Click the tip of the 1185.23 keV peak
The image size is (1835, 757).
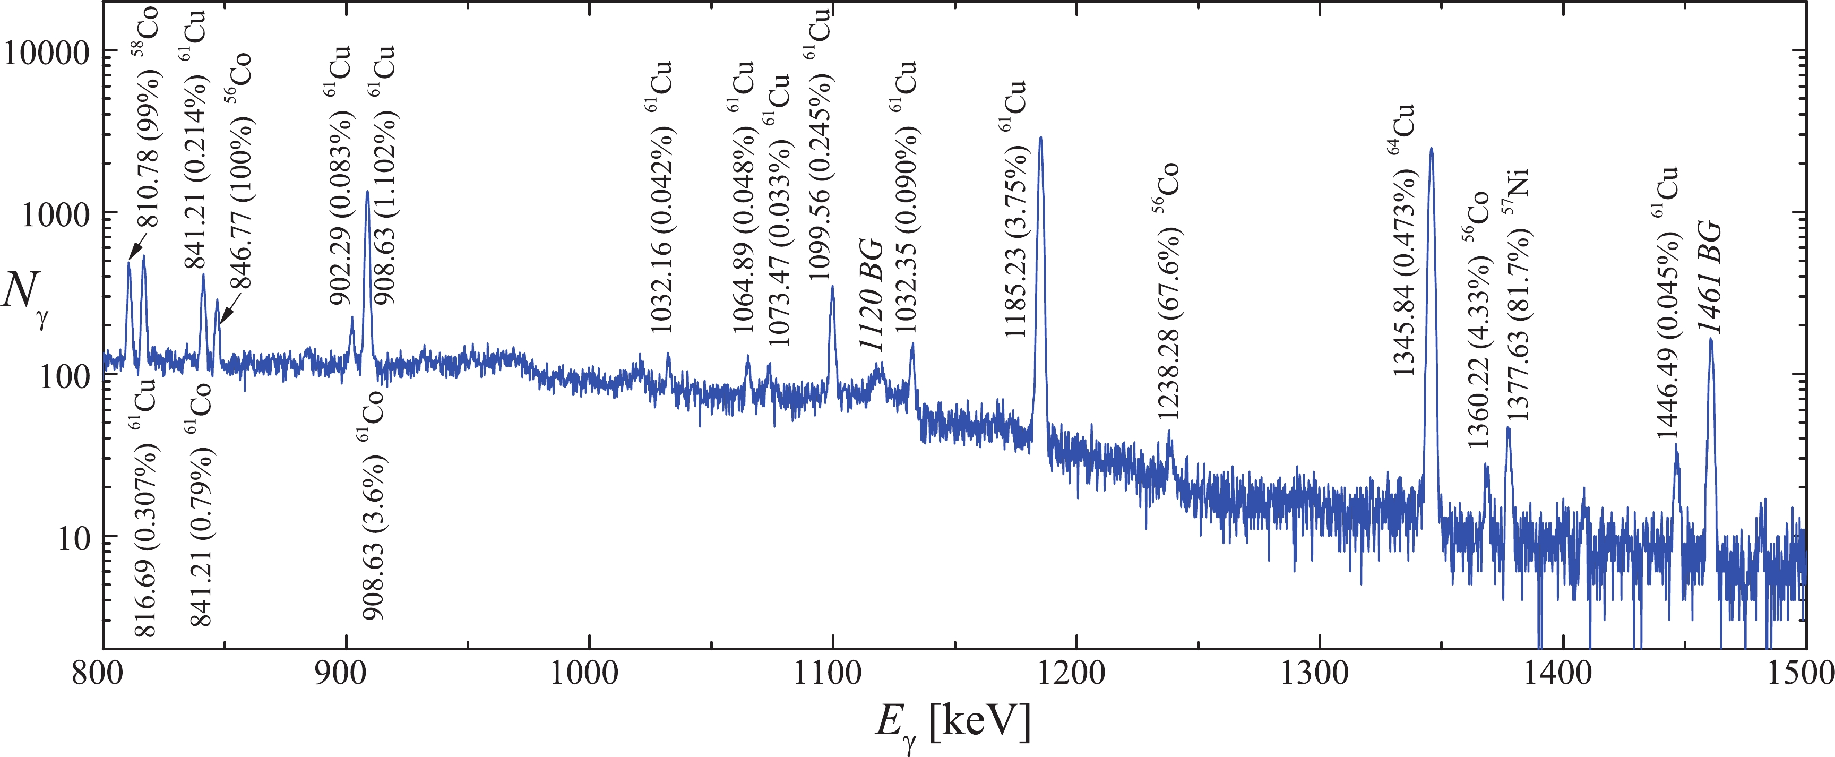click(x=1041, y=137)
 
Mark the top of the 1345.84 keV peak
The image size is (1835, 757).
click(x=1431, y=149)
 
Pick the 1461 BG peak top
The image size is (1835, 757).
click(x=1710, y=339)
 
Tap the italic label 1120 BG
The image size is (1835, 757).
click(x=871, y=294)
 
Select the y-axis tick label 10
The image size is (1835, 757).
click(x=73, y=538)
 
